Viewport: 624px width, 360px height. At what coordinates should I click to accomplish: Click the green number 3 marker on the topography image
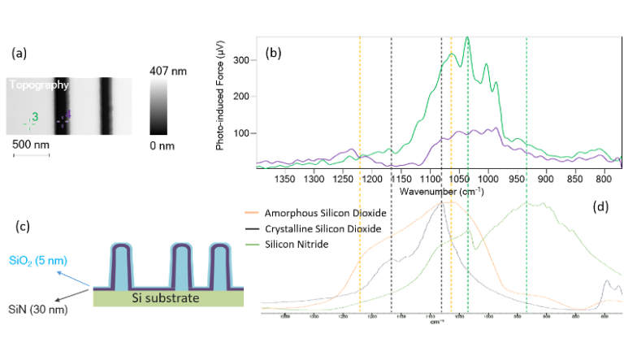point(34,119)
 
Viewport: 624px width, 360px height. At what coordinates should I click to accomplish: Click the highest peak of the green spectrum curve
point(466,40)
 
